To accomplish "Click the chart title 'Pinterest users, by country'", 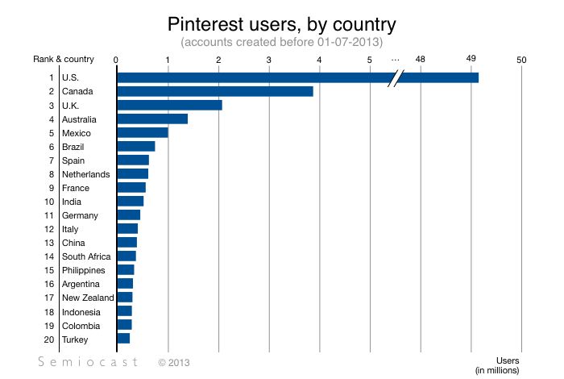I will [x=281, y=22].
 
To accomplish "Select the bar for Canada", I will [x=214, y=91].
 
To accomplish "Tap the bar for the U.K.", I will [x=169, y=105].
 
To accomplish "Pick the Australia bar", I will [x=152, y=119].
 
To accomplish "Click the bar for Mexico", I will [x=143, y=132].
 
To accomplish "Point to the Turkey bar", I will [x=123, y=339].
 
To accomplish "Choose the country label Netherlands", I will [x=85, y=173].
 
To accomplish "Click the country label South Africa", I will [x=86, y=256].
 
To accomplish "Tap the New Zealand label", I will [x=88, y=298].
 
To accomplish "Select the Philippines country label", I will [x=84, y=270].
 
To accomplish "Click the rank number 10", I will [x=48, y=201].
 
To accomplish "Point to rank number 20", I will [x=48, y=339].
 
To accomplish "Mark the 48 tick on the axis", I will [x=421, y=59].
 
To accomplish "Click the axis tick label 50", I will [x=522, y=59].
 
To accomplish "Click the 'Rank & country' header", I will [x=64, y=59].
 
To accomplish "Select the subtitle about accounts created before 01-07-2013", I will [x=281, y=41].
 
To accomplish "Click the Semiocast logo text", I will [x=89, y=363].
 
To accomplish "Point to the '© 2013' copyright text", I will [x=176, y=364].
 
